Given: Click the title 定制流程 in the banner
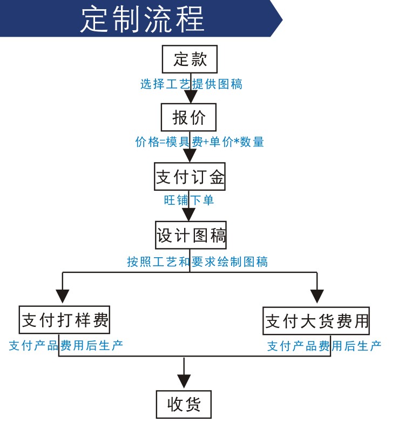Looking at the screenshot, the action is (142, 19).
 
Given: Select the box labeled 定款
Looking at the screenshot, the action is (190, 59).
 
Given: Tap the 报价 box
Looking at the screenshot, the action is (188, 117).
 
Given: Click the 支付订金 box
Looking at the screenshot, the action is (190, 177).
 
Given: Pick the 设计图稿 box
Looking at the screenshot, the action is (191, 235).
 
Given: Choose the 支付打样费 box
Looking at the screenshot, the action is (65, 319).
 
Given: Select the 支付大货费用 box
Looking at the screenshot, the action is (316, 320).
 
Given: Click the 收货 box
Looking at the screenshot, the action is (184, 404).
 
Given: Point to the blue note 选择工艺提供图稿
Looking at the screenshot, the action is (191, 84).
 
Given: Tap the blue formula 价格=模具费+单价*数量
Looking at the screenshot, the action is (200, 142).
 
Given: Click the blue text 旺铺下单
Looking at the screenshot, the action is (188, 200).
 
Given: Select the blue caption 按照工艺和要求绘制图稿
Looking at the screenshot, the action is (197, 262).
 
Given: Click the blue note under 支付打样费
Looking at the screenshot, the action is (66, 345).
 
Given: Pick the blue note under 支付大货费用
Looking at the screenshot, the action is (325, 346).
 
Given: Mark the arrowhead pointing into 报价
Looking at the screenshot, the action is (191, 96).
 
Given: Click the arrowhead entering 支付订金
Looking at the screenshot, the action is (190, 156).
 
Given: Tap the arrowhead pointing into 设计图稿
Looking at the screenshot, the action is (188, 214).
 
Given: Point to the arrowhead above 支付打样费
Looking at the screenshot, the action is (63, 296).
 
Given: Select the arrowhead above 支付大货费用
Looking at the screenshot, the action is (317, 296).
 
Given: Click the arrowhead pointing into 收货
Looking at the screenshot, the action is (184, 381).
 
